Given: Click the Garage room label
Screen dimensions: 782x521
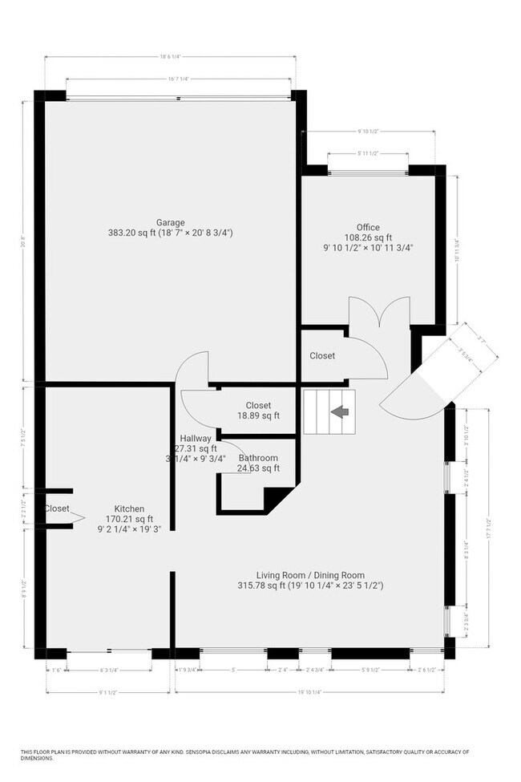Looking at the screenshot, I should (x=170, y=222).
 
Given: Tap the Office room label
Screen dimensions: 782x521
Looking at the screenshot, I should (x=368, y=227).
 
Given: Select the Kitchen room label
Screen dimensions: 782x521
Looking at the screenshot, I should (x=129, y=509).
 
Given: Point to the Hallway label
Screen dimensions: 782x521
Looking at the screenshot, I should (x=195, y=438).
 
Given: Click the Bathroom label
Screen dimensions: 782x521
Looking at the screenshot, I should (x=258, y=458).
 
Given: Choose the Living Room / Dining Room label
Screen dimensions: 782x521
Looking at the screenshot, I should (x=310, y=575).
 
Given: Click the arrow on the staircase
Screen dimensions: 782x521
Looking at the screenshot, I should (x=340, y=411).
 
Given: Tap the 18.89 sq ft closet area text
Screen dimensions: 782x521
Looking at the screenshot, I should (x=258, y=415).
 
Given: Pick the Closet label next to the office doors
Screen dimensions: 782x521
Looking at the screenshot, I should (x=322, y=355).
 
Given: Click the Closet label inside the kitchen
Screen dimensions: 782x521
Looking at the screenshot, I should (x=57, y=509).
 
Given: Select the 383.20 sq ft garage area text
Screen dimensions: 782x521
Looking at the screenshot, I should (x=170, y=233).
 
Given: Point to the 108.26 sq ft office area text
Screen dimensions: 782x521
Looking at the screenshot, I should (x=368, y=237).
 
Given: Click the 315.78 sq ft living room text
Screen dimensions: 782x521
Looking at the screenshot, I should (x=319, y=585).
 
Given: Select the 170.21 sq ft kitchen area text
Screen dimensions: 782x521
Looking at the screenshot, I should (x=129, y=519).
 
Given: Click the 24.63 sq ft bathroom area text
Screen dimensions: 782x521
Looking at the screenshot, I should (x=258, y=468).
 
